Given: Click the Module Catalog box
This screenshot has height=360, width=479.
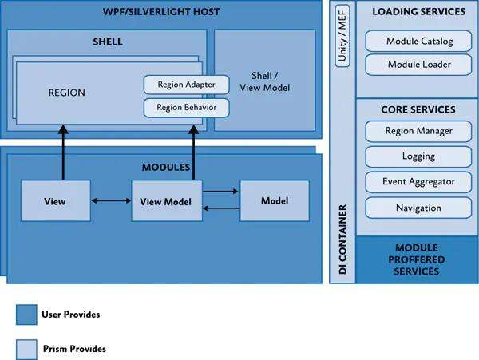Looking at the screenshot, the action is pyautogui.click(x=418, y=41).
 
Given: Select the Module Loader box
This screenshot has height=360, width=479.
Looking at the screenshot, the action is pyautogui.click(x=418, y=65).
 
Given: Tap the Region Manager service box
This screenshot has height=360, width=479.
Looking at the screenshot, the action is pyautogui.click(x=418, y=131).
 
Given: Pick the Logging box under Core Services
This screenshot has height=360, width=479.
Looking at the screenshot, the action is pyautogui.click(x=418, y=156).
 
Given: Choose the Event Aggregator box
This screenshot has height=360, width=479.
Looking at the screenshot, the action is pyautogui.click(x=418, y=182).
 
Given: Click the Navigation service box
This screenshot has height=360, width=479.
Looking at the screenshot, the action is pyautogui.click(x=418, y=208).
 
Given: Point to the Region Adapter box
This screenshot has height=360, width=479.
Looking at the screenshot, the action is pyautogui.click(x=186, y=85).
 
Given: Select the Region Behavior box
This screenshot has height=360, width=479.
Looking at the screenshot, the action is pyautogui.click(x=186, y=108).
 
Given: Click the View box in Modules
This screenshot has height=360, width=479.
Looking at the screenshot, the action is pyautogui.click(x=56, y=200).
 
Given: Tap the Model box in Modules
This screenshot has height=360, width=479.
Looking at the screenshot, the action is pyautogui.click(x=275, y=200).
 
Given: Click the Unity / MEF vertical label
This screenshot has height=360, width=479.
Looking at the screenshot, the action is pyautogui.click(x=342, y=36).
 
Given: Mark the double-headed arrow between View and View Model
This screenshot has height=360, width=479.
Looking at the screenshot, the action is pyautogui.click(x=111, y=200).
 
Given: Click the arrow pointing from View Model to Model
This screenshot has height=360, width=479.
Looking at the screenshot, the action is pyautogui.click(x=220, y=192).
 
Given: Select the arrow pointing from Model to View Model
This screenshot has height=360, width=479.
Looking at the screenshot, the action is pyautogui.click(x=221, y=208).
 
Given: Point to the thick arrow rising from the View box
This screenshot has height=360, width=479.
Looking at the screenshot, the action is pyautogui.click(x=63, y=152).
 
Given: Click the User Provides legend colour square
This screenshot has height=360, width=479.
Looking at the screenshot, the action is pyautogui.click(x=26, y=315).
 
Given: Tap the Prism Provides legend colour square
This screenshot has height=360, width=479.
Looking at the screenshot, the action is pyautogui.click(x=26, y=350).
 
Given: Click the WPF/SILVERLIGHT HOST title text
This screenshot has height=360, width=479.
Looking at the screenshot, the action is pyautogui.click(x=161, y=12).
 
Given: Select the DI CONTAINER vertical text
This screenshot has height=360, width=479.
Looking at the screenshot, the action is pyautogui.click(x=342, y=239).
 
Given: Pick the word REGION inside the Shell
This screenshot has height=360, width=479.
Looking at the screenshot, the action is pyautogui.click(x=67, y=93).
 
